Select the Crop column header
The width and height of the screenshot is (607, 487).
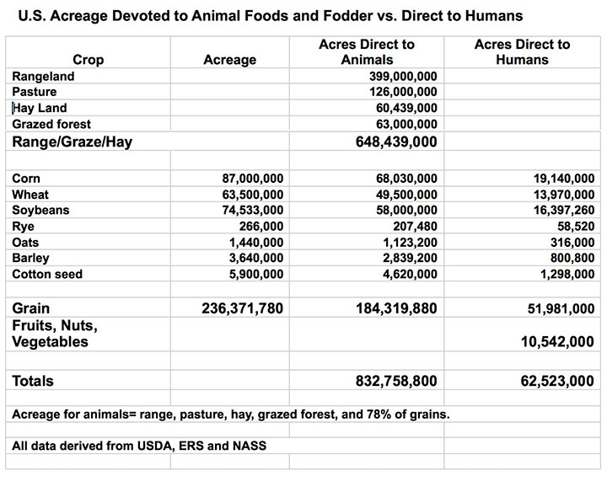pyautogui.click(x=89, y=60)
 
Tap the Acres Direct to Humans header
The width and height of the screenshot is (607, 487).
pyautogui.click(x=527, y=52)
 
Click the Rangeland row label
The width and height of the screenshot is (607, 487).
pyautogui.click(x=43, y=76)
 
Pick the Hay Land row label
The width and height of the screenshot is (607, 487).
pyautogui.click(x=40, y=108)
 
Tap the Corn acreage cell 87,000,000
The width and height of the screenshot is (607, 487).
pyautogui.click(x=250, y=179)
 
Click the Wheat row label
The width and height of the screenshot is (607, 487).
pyautogui.click(x=30, y=195)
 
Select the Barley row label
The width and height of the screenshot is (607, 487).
pyautogui.click(x=31, y=259)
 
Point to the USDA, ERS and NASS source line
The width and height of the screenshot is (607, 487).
pyautogui.click(x=139, y=445)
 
